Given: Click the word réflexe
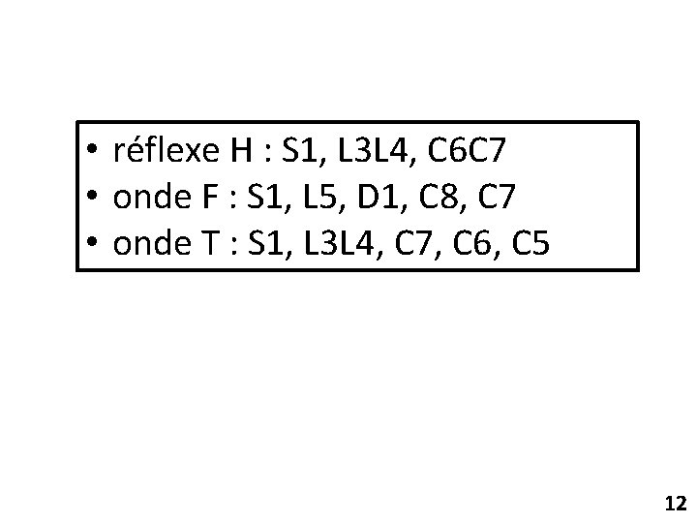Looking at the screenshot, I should pos(167,151).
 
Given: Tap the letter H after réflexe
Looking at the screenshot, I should pos(241,151).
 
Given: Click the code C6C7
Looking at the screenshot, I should pos(466,151).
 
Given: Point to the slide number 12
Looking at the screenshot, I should pos(675,503).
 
